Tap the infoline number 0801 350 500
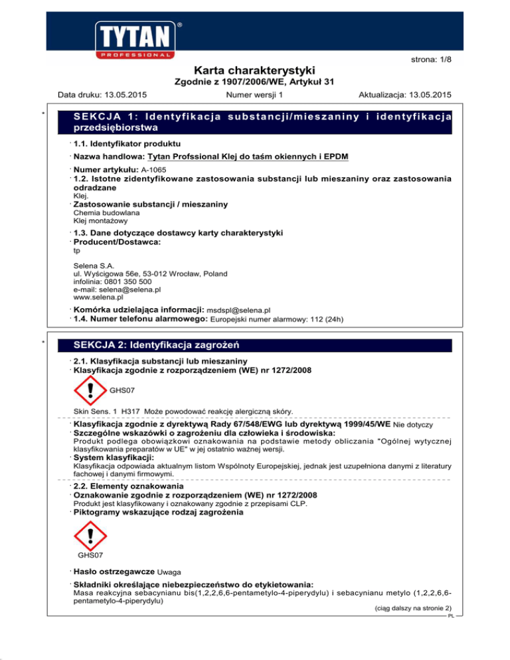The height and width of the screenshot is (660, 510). click(127, 282)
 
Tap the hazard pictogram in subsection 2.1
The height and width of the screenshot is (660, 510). click(89, 391)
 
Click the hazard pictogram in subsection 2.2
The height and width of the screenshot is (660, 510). click(89, 533)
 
